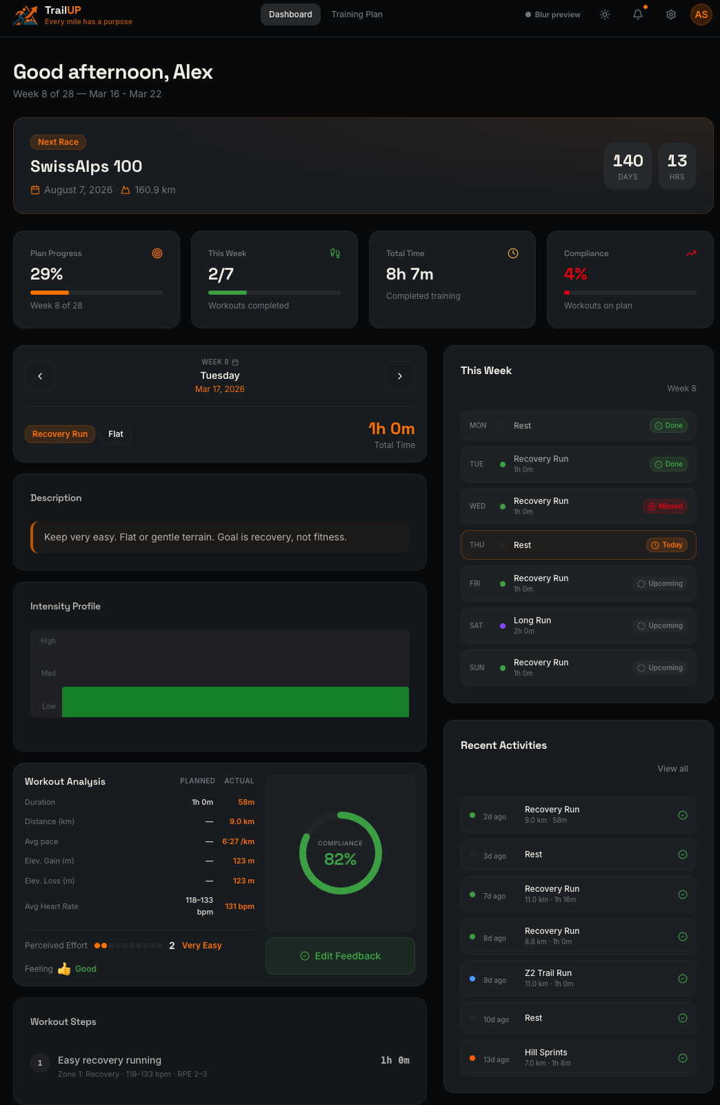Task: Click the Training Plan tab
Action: [357, 14]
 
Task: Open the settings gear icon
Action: [670, 14]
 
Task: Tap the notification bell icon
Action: [638, 14]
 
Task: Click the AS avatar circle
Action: [701, 14]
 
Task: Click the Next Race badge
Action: [58, 142]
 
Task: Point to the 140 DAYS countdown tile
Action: [628, 166]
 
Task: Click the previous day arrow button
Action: [40, 376]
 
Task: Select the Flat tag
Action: [116, 434]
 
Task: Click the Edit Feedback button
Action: [340, 956]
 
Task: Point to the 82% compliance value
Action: [340, 859]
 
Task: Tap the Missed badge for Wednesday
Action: [665, 507]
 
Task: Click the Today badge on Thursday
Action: [666, 545]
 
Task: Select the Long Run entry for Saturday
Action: [532, 625]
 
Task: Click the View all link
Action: [672, 769]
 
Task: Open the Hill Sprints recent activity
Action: [546, 1057]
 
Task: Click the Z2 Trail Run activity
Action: [548, 978]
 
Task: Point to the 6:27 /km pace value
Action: [238, 841]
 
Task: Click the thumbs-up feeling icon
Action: [64, 969]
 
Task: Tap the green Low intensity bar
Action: [235, 702]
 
